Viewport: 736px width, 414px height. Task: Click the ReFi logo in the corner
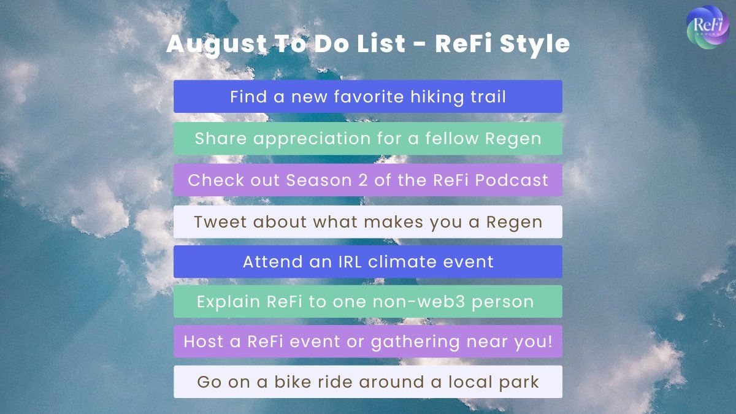point(707,27)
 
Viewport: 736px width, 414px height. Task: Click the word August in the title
point(217,44)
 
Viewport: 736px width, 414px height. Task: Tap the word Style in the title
point(535,44)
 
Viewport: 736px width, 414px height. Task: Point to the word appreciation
point(312,139)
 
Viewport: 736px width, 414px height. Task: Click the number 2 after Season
point(362,180)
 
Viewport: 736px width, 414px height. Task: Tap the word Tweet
point(220,222)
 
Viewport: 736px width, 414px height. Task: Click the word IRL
point(350,262)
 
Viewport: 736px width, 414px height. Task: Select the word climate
point(402,262)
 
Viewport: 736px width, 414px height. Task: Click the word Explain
point(228,302)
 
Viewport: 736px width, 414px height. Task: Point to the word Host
point(204,342)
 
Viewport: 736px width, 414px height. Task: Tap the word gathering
point(415,342)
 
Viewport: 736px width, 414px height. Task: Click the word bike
point(293,381)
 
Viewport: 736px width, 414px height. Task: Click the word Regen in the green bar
point(513,139)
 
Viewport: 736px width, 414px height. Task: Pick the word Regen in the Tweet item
point(514,223)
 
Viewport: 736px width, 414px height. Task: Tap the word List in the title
point(381,44)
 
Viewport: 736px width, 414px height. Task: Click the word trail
point(488,97)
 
